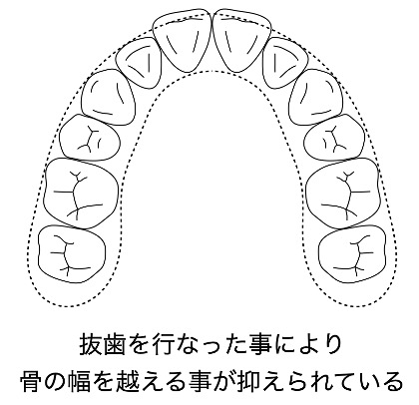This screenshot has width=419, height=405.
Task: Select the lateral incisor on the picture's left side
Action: (x=139, y=63)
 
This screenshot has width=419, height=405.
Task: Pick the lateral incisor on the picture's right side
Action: (x=284, y=63)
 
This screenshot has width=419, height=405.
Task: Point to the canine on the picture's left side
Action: (x=109, y=98)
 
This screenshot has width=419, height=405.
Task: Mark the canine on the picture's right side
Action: (x=315, y=98)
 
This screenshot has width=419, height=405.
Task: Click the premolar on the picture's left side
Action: (x=90, y=138)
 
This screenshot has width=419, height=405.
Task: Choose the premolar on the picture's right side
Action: (x=334, y=138)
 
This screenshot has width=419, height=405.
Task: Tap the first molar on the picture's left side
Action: (x=81, y=193)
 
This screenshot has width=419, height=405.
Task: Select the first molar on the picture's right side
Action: (x=342, y=193)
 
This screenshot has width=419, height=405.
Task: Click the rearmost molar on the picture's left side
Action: (x=72, y=253)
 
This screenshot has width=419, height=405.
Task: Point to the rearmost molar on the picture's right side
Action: (x=352, y=253)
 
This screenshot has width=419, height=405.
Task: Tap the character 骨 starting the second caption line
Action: (x=32, y=381)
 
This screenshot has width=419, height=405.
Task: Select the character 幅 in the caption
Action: (x=79, y=381)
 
